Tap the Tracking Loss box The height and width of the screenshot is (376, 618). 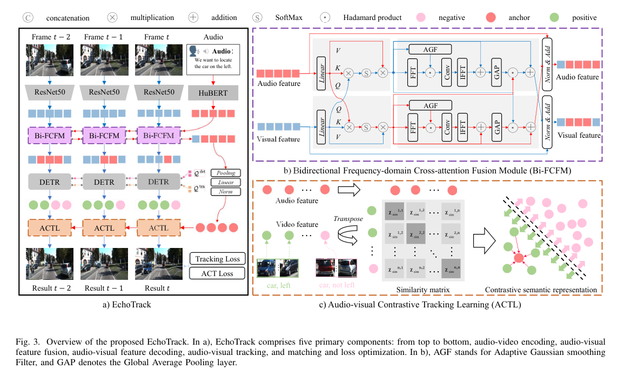[217, 259]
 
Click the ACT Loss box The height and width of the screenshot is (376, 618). [217, 273]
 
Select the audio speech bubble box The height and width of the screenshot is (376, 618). [212, 59]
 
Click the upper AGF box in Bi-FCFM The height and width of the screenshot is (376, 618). [431, 50]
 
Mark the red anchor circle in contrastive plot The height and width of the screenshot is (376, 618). [518, 258]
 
